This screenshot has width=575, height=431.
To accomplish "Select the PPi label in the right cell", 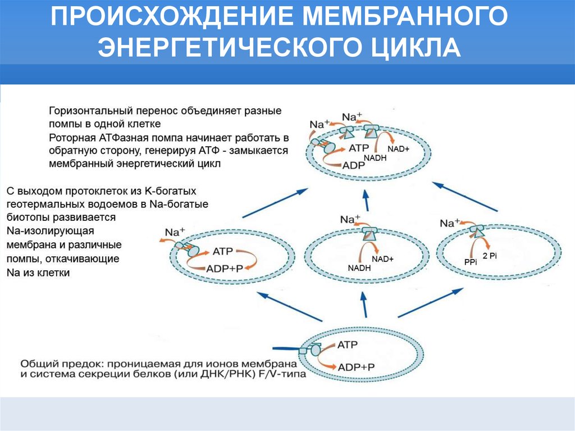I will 470,261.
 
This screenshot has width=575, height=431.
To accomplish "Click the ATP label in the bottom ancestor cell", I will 348,344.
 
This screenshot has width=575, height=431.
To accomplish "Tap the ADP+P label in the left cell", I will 224,268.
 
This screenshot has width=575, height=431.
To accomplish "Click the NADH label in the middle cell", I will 359,268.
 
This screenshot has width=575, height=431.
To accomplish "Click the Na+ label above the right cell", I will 450,223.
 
